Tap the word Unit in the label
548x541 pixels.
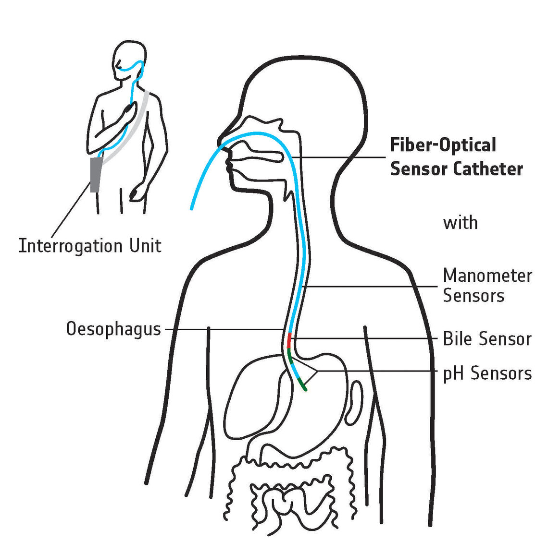click(145, 246)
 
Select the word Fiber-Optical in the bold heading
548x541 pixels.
click(436, 145)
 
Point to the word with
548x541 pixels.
click(460, 223)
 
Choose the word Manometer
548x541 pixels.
click(487, 276)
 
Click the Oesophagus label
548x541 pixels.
click(113, 329)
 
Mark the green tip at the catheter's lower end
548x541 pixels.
click(302, 384)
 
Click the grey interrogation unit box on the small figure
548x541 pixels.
click(96, 175)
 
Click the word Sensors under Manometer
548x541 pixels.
click(473, 296)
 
